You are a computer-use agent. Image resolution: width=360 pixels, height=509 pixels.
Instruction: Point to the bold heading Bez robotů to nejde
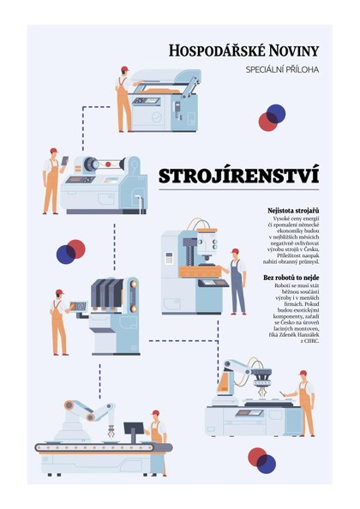click(291, 278)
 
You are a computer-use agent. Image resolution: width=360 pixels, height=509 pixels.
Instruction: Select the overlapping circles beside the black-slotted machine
click(70, 251)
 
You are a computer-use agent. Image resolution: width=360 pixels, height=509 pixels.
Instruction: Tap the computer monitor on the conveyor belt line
click(134, 428)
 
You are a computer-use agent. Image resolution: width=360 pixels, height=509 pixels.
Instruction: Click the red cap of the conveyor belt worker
click(154, 414)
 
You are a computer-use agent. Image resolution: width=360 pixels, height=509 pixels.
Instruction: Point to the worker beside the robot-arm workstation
click(303, 403)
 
